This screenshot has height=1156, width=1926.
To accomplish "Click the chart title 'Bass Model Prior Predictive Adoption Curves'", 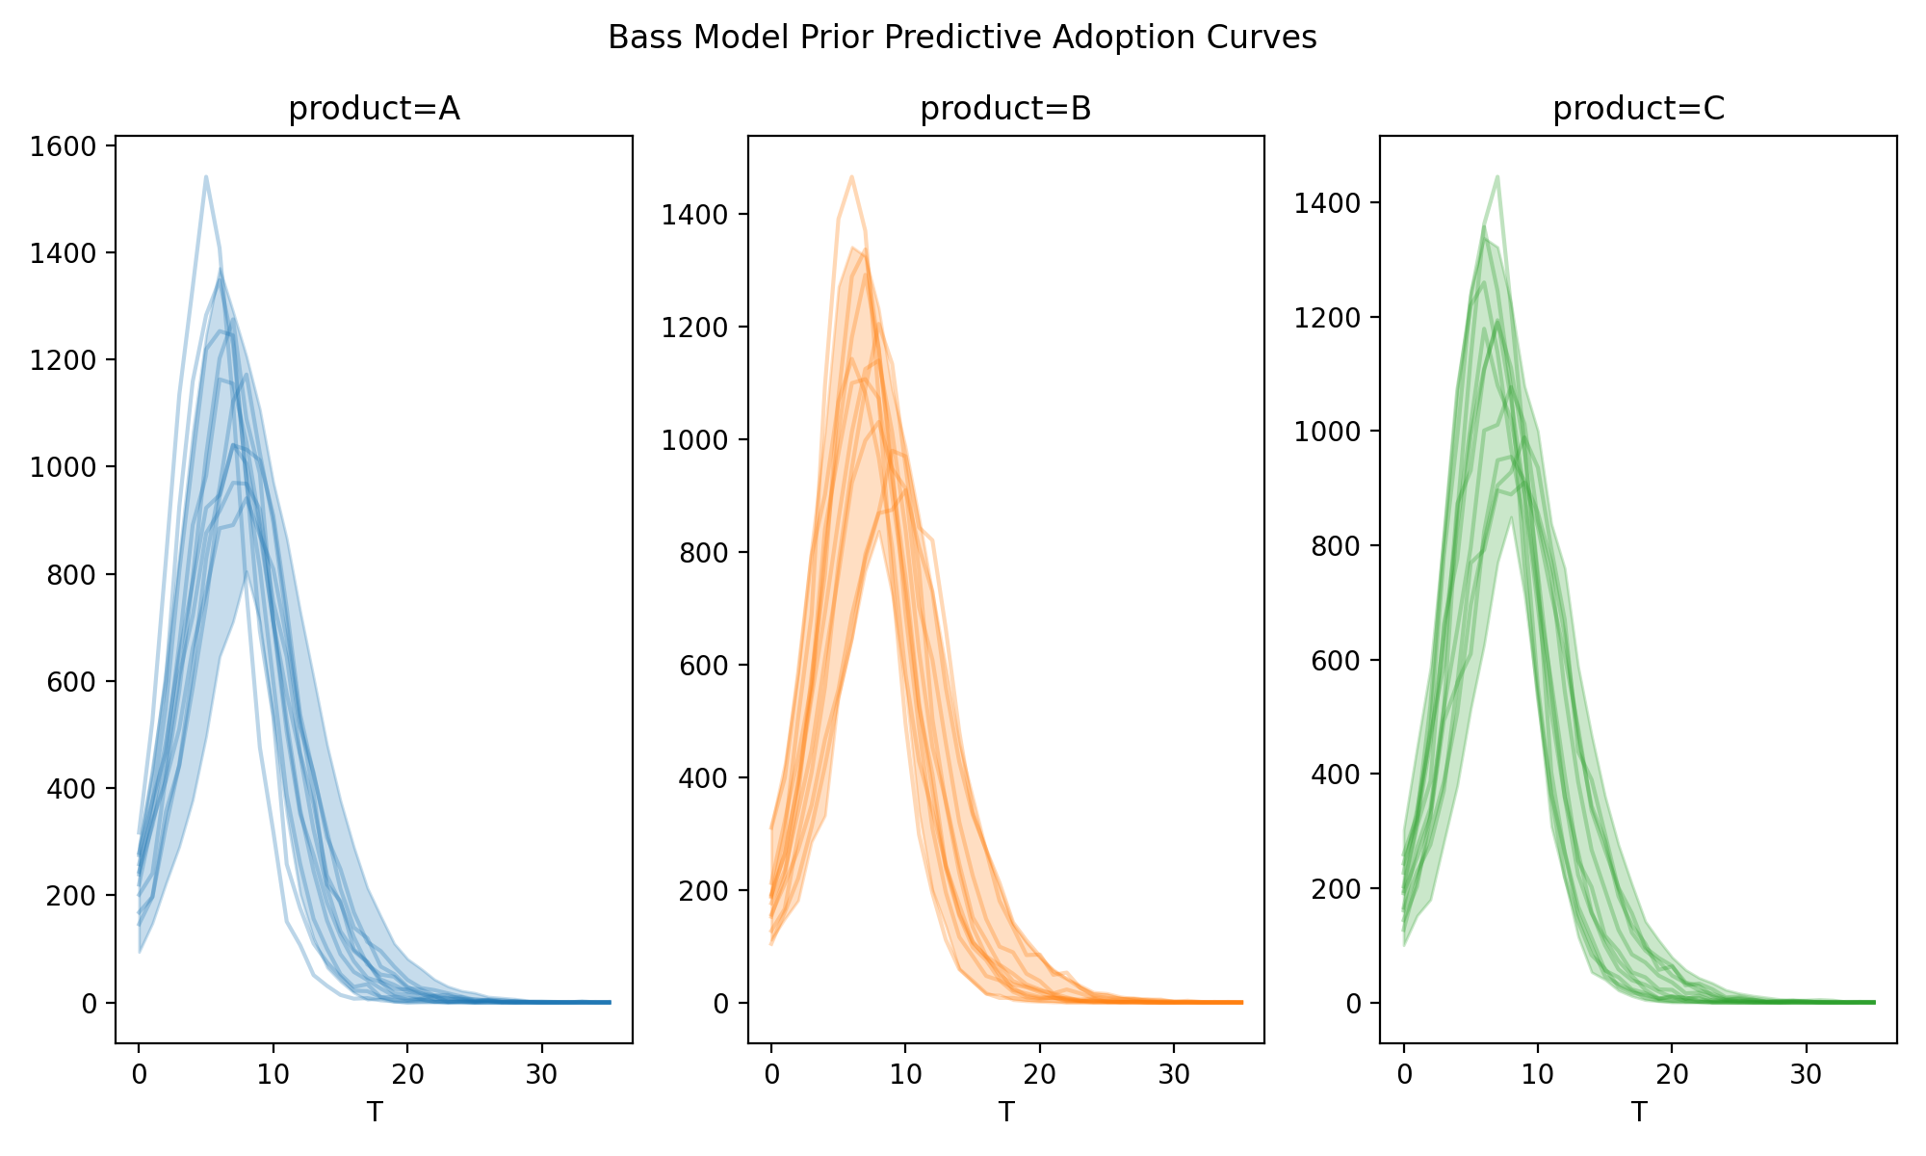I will pos(962,38).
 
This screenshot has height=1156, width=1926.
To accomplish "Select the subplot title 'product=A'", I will pos(374,110).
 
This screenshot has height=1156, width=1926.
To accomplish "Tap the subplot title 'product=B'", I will pos(1005,110).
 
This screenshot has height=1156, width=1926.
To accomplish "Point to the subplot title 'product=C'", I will pos(1638,110).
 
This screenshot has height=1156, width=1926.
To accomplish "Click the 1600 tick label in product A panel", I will pos(64,146).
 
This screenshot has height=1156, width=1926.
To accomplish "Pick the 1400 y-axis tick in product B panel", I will pos(695,215).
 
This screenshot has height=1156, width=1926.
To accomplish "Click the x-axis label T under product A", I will pos(374,1113).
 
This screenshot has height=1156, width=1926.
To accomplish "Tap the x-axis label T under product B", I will pos(1005,1113).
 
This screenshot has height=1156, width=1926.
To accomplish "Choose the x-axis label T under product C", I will pos(1638,1113).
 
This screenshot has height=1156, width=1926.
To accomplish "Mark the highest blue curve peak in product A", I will pos(206,176).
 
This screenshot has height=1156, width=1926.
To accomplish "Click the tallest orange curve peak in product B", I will pos(852,176).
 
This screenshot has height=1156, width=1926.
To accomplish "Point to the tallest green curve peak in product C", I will pos(1497,176).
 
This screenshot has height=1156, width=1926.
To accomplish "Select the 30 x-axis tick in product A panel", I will pos(542,1074).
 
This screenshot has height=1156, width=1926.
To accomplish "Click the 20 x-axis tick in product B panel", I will pos(1040,1074).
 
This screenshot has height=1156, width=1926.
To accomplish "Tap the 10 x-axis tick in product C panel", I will pos(1538,1074).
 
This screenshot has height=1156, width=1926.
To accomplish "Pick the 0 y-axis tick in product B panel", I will pos(720,1003).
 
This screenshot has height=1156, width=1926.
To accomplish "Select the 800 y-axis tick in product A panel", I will pos(71,575).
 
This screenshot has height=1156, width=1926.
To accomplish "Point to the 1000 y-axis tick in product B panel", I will pos(695,440).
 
